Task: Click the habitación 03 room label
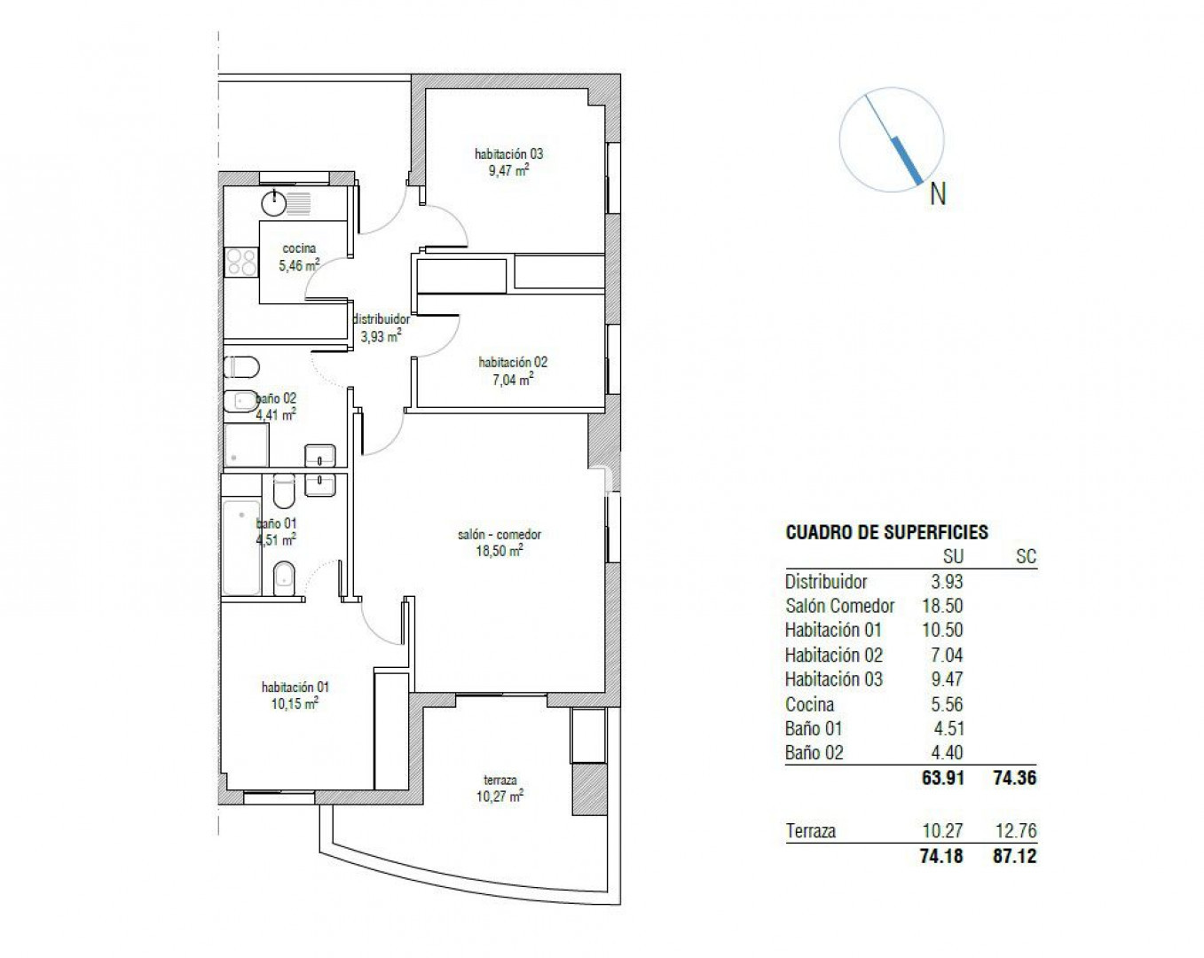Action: (x=508, y=153)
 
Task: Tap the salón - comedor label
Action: (x=500, y=534)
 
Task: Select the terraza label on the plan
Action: (x=500, y=779)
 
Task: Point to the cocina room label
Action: (x=299, y=247)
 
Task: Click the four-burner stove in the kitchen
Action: (x=241, y=262)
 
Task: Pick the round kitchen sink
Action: (x=274, y=203)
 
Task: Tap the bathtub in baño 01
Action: (x=241, y=547)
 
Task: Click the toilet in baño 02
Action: (x=241, y=368)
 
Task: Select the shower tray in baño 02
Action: (x=246, y=444)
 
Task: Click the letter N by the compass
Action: (x=938, y=194)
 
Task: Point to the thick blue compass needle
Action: (x=908, y=161)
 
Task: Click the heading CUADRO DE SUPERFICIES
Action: (x=886, y=532)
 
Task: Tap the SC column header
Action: (x=1026, y=556)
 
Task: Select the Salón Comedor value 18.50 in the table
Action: (x=943, y=606)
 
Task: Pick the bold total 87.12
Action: (x=1015, y=856)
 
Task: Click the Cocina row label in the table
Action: (x=809, y=704)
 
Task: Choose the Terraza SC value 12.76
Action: (x=1016, y=831)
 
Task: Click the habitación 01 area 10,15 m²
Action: (x=295, y=703)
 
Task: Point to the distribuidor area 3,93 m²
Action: (x=381, y=337)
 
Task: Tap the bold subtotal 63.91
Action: (x=943, y=778)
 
